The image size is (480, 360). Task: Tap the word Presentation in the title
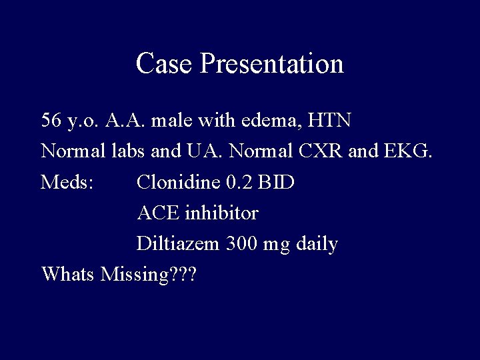(x=271, y=64)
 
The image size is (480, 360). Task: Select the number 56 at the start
(x=51, y=121)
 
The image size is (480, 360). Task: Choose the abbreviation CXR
(x=321, y=151)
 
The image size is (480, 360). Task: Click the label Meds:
(x=67, y=182)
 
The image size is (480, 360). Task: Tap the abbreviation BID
(x=277, y=182)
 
